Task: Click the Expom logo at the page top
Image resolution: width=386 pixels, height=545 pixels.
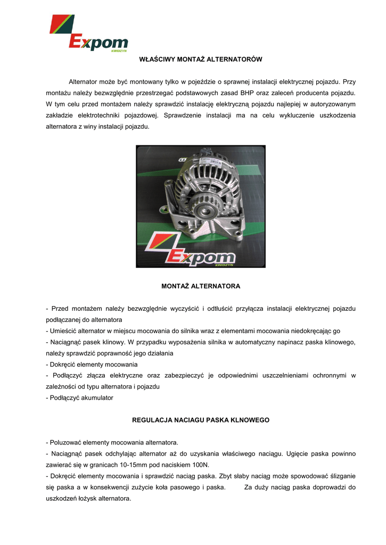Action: tap(88, 34)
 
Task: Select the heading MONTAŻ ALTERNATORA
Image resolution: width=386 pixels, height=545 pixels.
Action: tap(200, 286)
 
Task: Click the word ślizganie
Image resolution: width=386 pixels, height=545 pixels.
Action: tap(341, 476)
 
